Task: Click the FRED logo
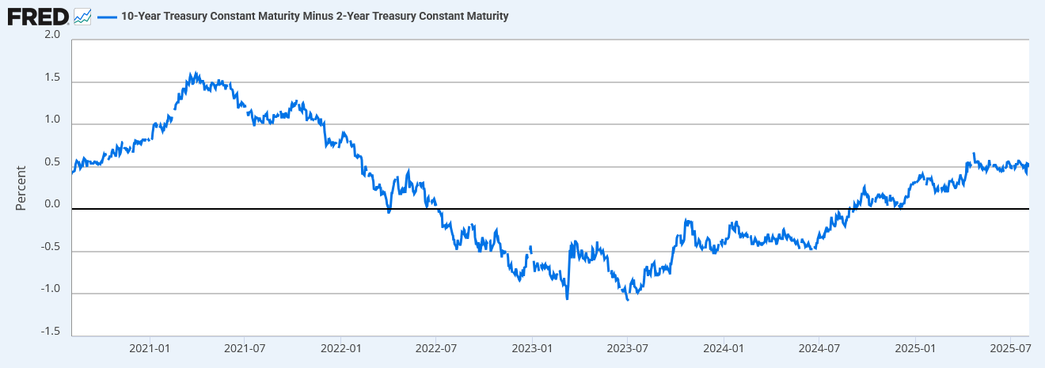coord(37,16)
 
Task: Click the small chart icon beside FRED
coord(82,16)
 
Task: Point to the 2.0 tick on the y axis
coord(52,35)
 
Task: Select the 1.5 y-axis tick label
coord(52,78)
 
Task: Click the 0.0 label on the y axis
coord(52,204)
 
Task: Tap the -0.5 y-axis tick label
coord(50,246)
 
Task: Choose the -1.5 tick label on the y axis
coord(50,331)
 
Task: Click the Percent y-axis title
coord(21,188)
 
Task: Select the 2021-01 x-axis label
coord(150,348)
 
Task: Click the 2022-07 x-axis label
coord(437,348)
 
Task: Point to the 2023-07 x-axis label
coord(628,348)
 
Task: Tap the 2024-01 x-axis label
coord(724,348)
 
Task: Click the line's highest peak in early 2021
coord(193,73)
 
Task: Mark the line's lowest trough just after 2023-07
coord(628,300)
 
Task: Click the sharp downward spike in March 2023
coord(568,298)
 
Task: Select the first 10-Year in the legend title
coord(146,16)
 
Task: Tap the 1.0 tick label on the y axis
coord(52,120)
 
